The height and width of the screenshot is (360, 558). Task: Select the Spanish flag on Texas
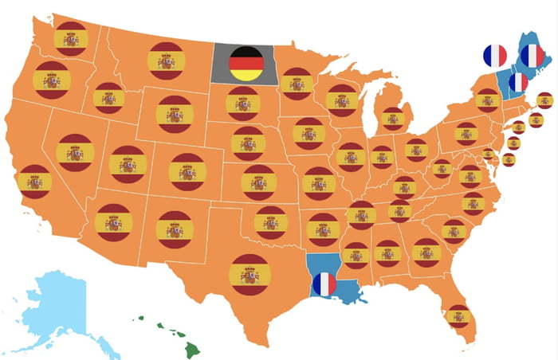[x=250, y=275]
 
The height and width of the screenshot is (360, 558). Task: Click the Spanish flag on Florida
[x=458, y=316]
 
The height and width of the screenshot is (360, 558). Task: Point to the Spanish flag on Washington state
[x=71, y=38]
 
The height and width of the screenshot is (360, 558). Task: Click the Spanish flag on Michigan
[x=393, y=119]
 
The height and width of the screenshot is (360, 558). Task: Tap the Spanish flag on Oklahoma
[x=270, y=222]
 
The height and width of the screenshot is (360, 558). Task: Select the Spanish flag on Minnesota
[x=297, y=84]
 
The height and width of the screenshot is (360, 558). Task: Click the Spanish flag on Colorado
[x=188, y=171]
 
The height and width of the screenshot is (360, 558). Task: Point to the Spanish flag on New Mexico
[x=175, y=229]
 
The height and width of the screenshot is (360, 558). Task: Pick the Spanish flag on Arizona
[x=113, y=222]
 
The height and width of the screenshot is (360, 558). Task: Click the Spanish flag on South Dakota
[x=242, y=104]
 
